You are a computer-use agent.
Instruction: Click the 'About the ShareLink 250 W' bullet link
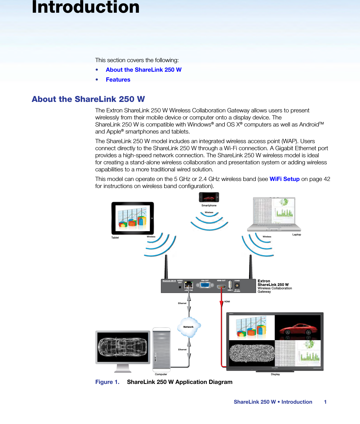143,70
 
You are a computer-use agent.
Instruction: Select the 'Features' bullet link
118,80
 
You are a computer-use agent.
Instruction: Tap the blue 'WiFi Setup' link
284,179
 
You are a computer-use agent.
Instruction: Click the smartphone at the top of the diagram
209,197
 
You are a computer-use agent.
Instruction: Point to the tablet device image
132,218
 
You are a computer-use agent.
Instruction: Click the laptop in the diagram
274,214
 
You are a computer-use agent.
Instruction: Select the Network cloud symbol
189,327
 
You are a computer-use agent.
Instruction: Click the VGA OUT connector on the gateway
205,285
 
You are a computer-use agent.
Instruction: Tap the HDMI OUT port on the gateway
221,287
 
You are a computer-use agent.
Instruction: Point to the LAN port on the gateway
188,285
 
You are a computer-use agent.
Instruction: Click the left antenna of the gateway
166,267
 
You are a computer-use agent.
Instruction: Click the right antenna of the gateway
250,267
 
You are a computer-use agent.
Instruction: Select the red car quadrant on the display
298,328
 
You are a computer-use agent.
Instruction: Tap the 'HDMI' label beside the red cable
227,301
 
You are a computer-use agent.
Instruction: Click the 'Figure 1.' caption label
107,382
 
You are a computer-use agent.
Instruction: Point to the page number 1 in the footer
325,402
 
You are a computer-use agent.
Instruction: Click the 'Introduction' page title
86,7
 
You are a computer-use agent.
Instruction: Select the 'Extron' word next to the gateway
264,281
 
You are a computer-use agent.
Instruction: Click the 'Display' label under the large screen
275,374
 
